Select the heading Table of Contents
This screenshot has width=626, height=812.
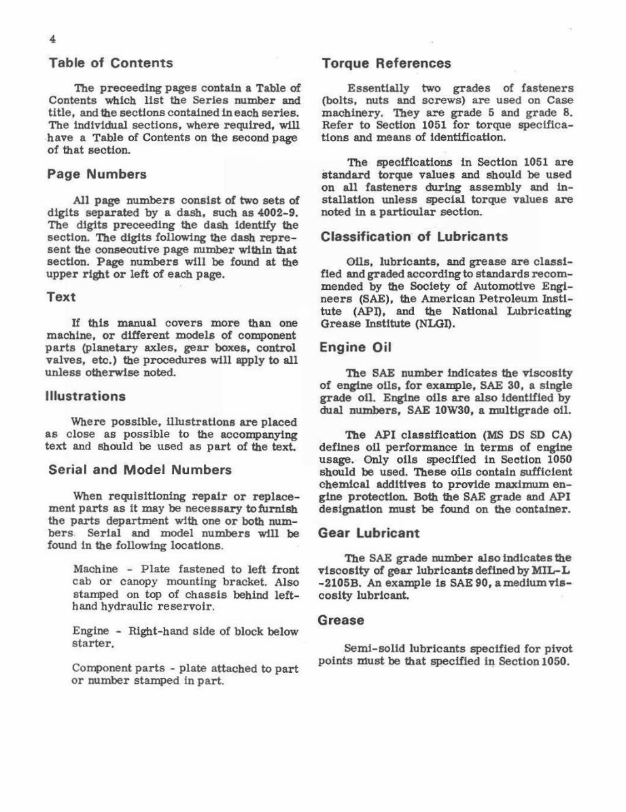click(111, 63)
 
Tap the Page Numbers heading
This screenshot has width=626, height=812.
click(97, 174)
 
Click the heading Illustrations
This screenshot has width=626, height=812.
click(86, 396)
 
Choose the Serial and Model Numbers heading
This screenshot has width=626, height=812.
click(139, 470)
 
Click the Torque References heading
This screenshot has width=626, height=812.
click(385, 63)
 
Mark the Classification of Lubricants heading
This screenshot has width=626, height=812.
click(414, 237)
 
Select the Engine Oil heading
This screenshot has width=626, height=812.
click(353, 348)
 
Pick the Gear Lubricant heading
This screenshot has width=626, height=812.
click(369, 533)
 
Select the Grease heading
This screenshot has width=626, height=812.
click(342, 620)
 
